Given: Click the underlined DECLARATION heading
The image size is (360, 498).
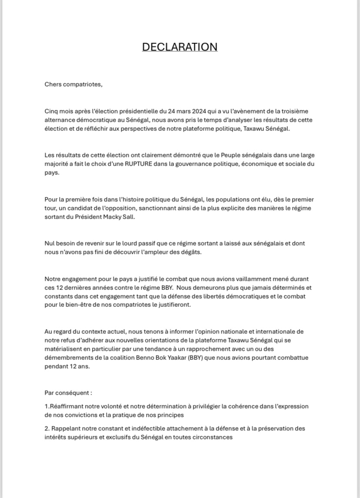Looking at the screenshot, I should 180,47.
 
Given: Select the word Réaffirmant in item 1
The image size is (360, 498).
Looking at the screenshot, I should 67,406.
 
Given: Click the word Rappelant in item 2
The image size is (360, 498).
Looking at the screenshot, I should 65,428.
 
